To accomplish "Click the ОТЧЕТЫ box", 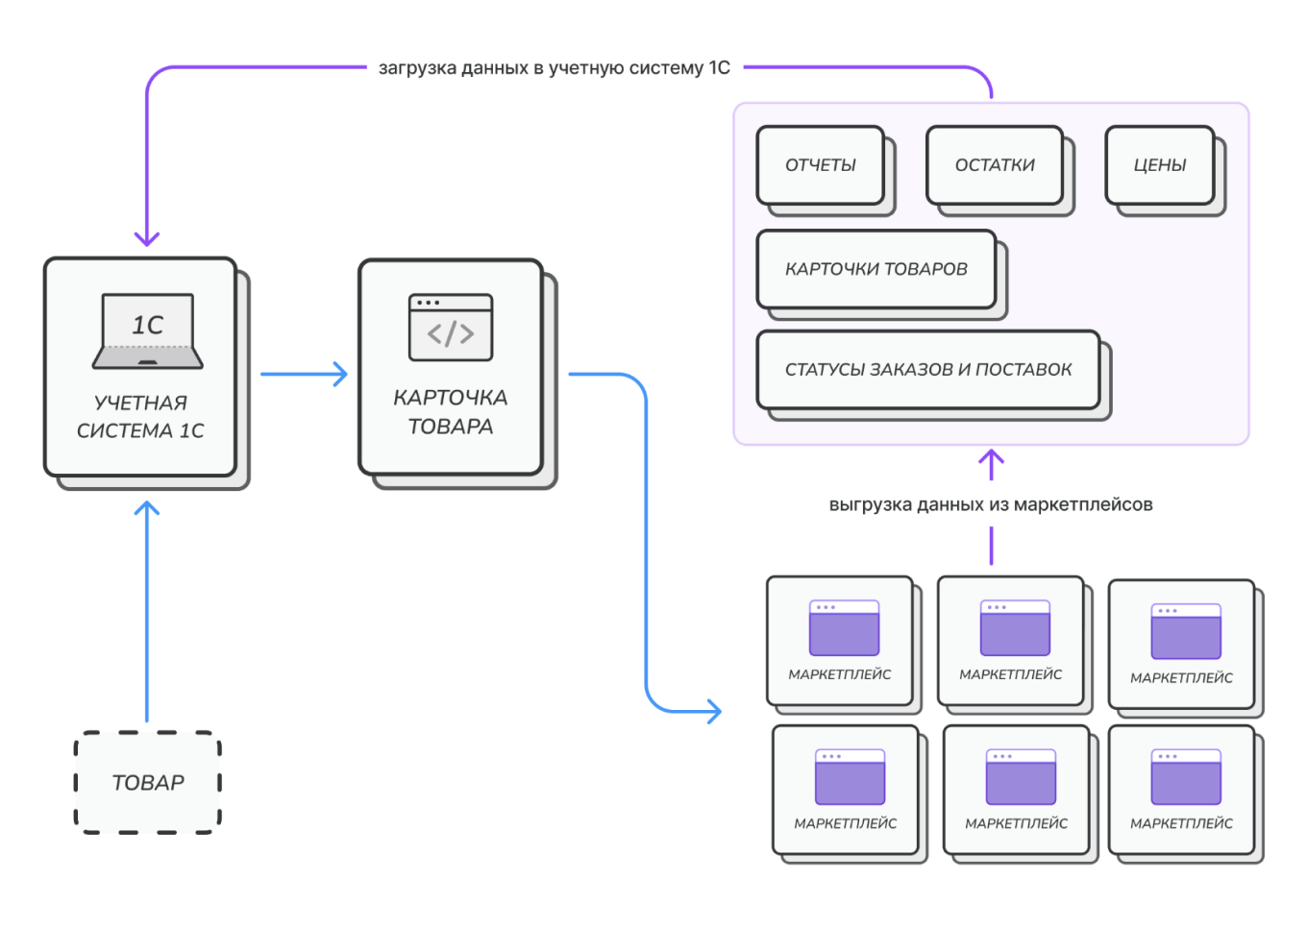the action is [821, 165].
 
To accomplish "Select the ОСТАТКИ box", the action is [995, 165].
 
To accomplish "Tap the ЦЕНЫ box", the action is [1160, 165].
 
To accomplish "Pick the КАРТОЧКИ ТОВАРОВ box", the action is [876, 269].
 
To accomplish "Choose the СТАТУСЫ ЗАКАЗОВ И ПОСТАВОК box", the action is [928, 370].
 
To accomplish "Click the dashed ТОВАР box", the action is [148, 783].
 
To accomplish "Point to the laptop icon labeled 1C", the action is [148, 330].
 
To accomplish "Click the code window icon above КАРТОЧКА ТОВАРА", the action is [451, 328].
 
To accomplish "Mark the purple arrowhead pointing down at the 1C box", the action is [147, 238].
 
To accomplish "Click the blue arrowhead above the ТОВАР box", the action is [147, 508].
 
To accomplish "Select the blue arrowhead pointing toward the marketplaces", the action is [715, 712].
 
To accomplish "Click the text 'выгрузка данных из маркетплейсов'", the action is [991, 504].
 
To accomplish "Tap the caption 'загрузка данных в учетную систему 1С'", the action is [555, 68].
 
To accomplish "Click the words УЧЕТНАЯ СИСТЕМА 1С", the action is [140, 416].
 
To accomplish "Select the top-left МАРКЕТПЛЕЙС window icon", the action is [844, 627].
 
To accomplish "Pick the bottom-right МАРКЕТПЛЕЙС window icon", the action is [1186, 777].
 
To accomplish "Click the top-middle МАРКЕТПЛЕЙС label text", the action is [1011, 674].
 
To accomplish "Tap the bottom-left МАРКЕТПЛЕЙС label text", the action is [846, 824].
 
